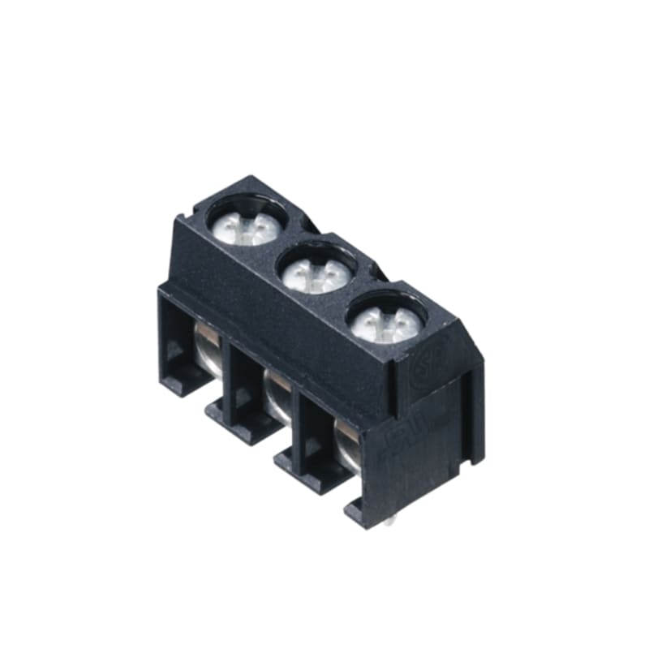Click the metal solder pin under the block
(392, 522)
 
